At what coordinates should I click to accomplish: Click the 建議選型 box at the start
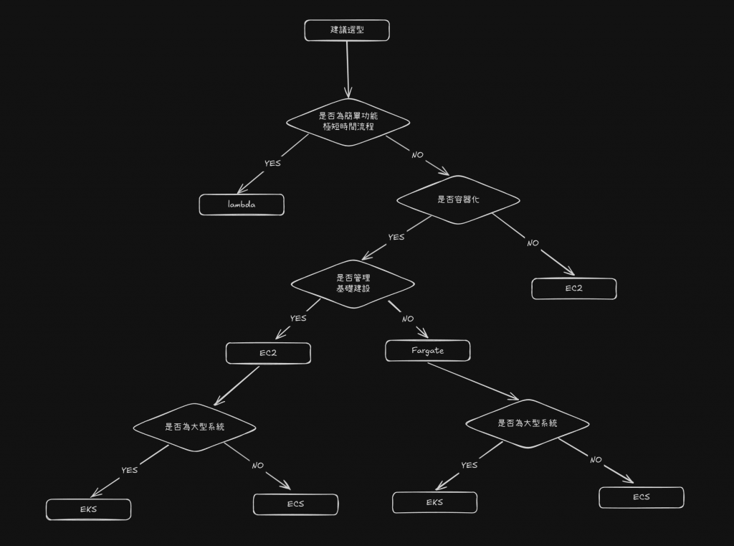(347, 30)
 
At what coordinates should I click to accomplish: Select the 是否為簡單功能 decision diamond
(348, 121)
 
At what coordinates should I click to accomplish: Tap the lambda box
(242, 204)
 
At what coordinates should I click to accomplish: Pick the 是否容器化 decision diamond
(458, 199)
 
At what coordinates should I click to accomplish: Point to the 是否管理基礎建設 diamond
(353, 283)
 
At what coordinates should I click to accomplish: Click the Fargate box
(428, 350)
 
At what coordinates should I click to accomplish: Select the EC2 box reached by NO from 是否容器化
(573, 288)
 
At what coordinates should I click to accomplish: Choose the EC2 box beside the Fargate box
(268, 353)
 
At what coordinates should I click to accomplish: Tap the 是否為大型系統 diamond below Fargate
(527, 423)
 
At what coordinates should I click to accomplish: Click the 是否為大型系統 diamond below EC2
(194, 426)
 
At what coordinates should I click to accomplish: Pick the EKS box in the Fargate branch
(434, 502)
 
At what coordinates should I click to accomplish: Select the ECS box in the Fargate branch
(642, 497)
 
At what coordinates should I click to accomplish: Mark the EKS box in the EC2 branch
(89, 509)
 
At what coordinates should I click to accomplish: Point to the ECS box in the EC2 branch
(295, 504)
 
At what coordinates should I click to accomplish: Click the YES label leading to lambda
(272, 163)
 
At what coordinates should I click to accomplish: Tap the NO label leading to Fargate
(408, 319)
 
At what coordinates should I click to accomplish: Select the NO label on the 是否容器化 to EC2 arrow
(533, 243)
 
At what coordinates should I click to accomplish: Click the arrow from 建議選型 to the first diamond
(348, 68)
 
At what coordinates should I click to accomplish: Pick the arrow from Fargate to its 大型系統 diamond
(473, 382)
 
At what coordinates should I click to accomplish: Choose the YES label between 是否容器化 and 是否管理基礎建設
(396, 237)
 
